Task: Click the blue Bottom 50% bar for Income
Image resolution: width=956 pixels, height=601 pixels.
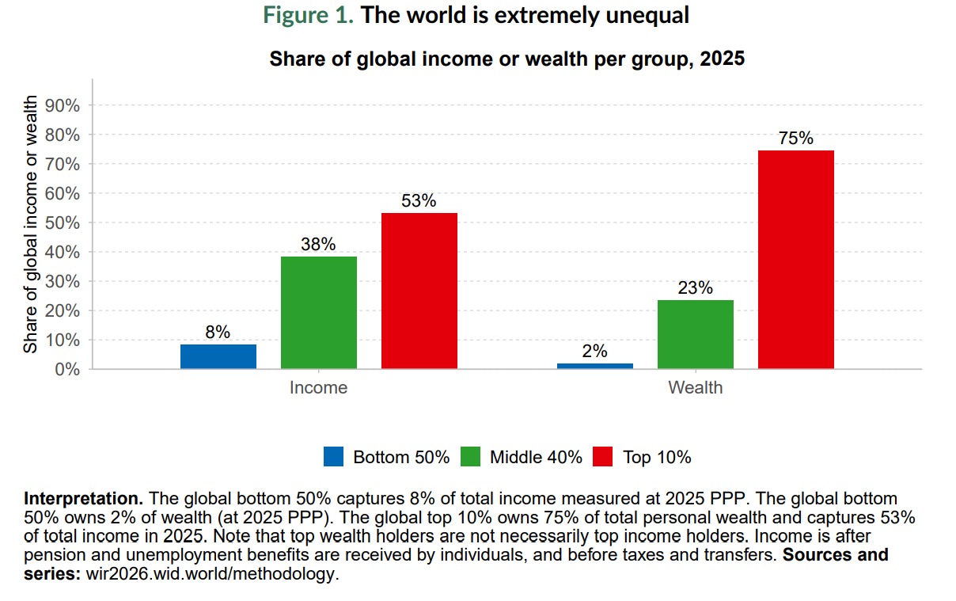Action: [218, 356]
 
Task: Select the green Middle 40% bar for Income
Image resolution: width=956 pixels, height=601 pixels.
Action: [319, 313]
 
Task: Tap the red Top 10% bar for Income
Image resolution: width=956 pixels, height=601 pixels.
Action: [419, 291]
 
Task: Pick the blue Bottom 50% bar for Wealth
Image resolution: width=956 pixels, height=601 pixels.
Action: [595, 366]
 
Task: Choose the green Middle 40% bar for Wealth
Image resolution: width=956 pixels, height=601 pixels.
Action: [696, 334]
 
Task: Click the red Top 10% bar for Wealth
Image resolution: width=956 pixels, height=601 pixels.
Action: [796, 260]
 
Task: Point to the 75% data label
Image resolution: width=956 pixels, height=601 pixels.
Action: [796, 139]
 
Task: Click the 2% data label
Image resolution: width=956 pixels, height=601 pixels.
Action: [594, 351]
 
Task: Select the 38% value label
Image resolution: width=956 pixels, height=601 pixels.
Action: [318, 244]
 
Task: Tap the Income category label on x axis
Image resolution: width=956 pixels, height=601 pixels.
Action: [318, 388]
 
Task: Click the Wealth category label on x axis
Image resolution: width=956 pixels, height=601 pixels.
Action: [695, 388]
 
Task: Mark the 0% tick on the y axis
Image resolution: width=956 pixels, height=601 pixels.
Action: [68, 369]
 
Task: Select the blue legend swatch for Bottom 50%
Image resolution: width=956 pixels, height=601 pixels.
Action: [333, 457]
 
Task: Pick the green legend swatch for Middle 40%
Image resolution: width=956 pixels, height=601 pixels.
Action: [470, 457]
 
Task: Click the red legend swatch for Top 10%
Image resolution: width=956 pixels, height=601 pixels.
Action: [603, 457]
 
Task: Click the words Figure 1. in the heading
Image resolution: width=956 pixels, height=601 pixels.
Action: [309, 16]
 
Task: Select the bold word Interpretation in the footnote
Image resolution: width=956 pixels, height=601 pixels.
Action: [83, 500]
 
